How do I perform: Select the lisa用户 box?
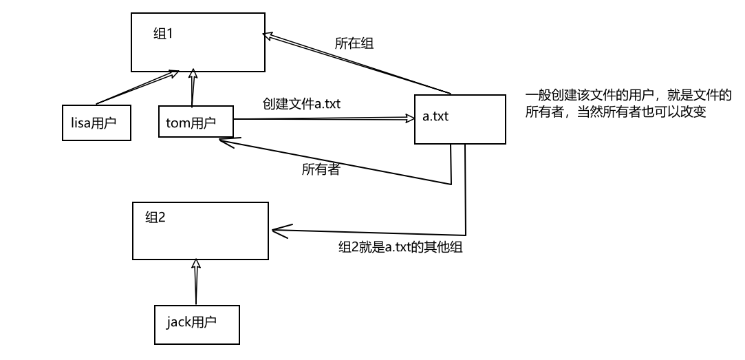pos(96,123)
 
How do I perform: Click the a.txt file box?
pos(460,118)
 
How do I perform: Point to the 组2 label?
pos(156,218)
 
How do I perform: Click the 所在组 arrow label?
pos(354,43)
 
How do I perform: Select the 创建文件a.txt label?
pos(301,103)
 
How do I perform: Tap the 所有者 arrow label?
pos(320,169)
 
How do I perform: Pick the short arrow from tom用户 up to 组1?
pos(194,87)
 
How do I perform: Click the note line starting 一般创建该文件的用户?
pos(628,94)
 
